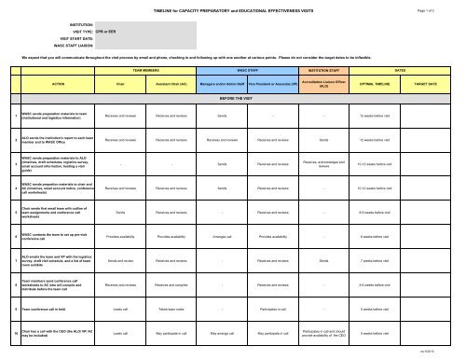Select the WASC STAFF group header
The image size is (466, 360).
(247, 69)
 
